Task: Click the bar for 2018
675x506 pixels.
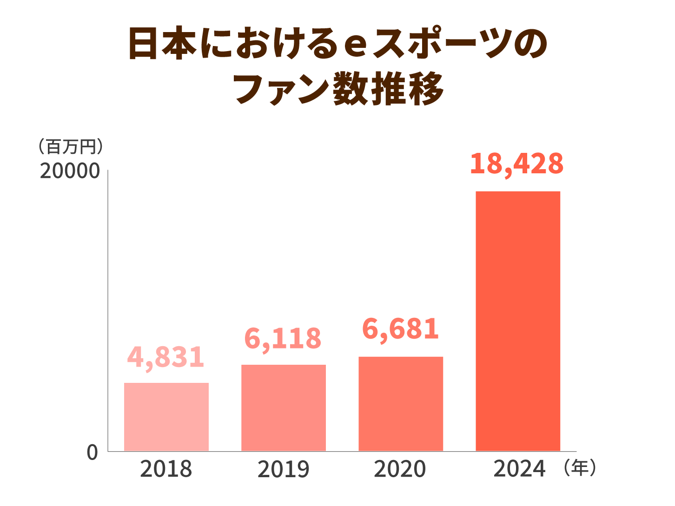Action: (166, 417)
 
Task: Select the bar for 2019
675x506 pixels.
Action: (284, 407)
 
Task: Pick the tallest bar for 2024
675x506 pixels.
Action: (518, 321)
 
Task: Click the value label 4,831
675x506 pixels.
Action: (166, 357)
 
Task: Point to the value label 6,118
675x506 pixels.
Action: (283, 338)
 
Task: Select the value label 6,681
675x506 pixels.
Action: (400, 329)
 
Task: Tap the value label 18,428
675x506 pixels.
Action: (517, 164)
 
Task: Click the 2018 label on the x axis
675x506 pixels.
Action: (166, 469)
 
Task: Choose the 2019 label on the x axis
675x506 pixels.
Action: (283, 469)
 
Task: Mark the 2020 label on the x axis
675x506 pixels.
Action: (400, 469)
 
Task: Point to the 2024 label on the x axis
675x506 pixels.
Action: (519, 469)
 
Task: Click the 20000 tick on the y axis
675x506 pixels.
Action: (70, 171)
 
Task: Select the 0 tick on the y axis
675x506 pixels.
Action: (93, 452)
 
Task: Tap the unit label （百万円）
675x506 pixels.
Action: (71, 147)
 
